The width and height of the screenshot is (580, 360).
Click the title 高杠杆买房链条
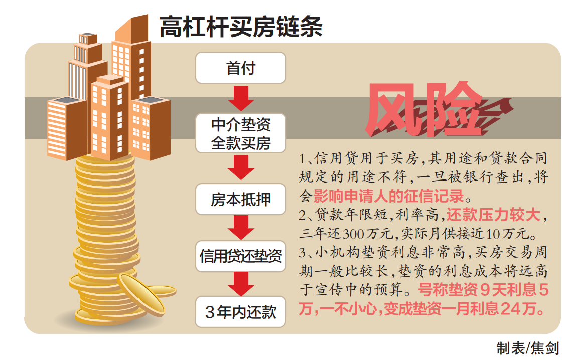(241, 26)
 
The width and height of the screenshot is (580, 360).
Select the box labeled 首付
(241, 68)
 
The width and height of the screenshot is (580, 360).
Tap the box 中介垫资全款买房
(241, 133)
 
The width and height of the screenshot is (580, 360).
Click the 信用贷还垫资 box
(241, 257)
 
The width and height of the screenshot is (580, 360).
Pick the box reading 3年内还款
(241, 312)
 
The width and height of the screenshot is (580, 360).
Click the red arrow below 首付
(241, 98)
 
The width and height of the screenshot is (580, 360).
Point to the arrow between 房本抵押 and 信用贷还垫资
(241, 228)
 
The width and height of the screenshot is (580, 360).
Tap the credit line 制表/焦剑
(527, 347)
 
